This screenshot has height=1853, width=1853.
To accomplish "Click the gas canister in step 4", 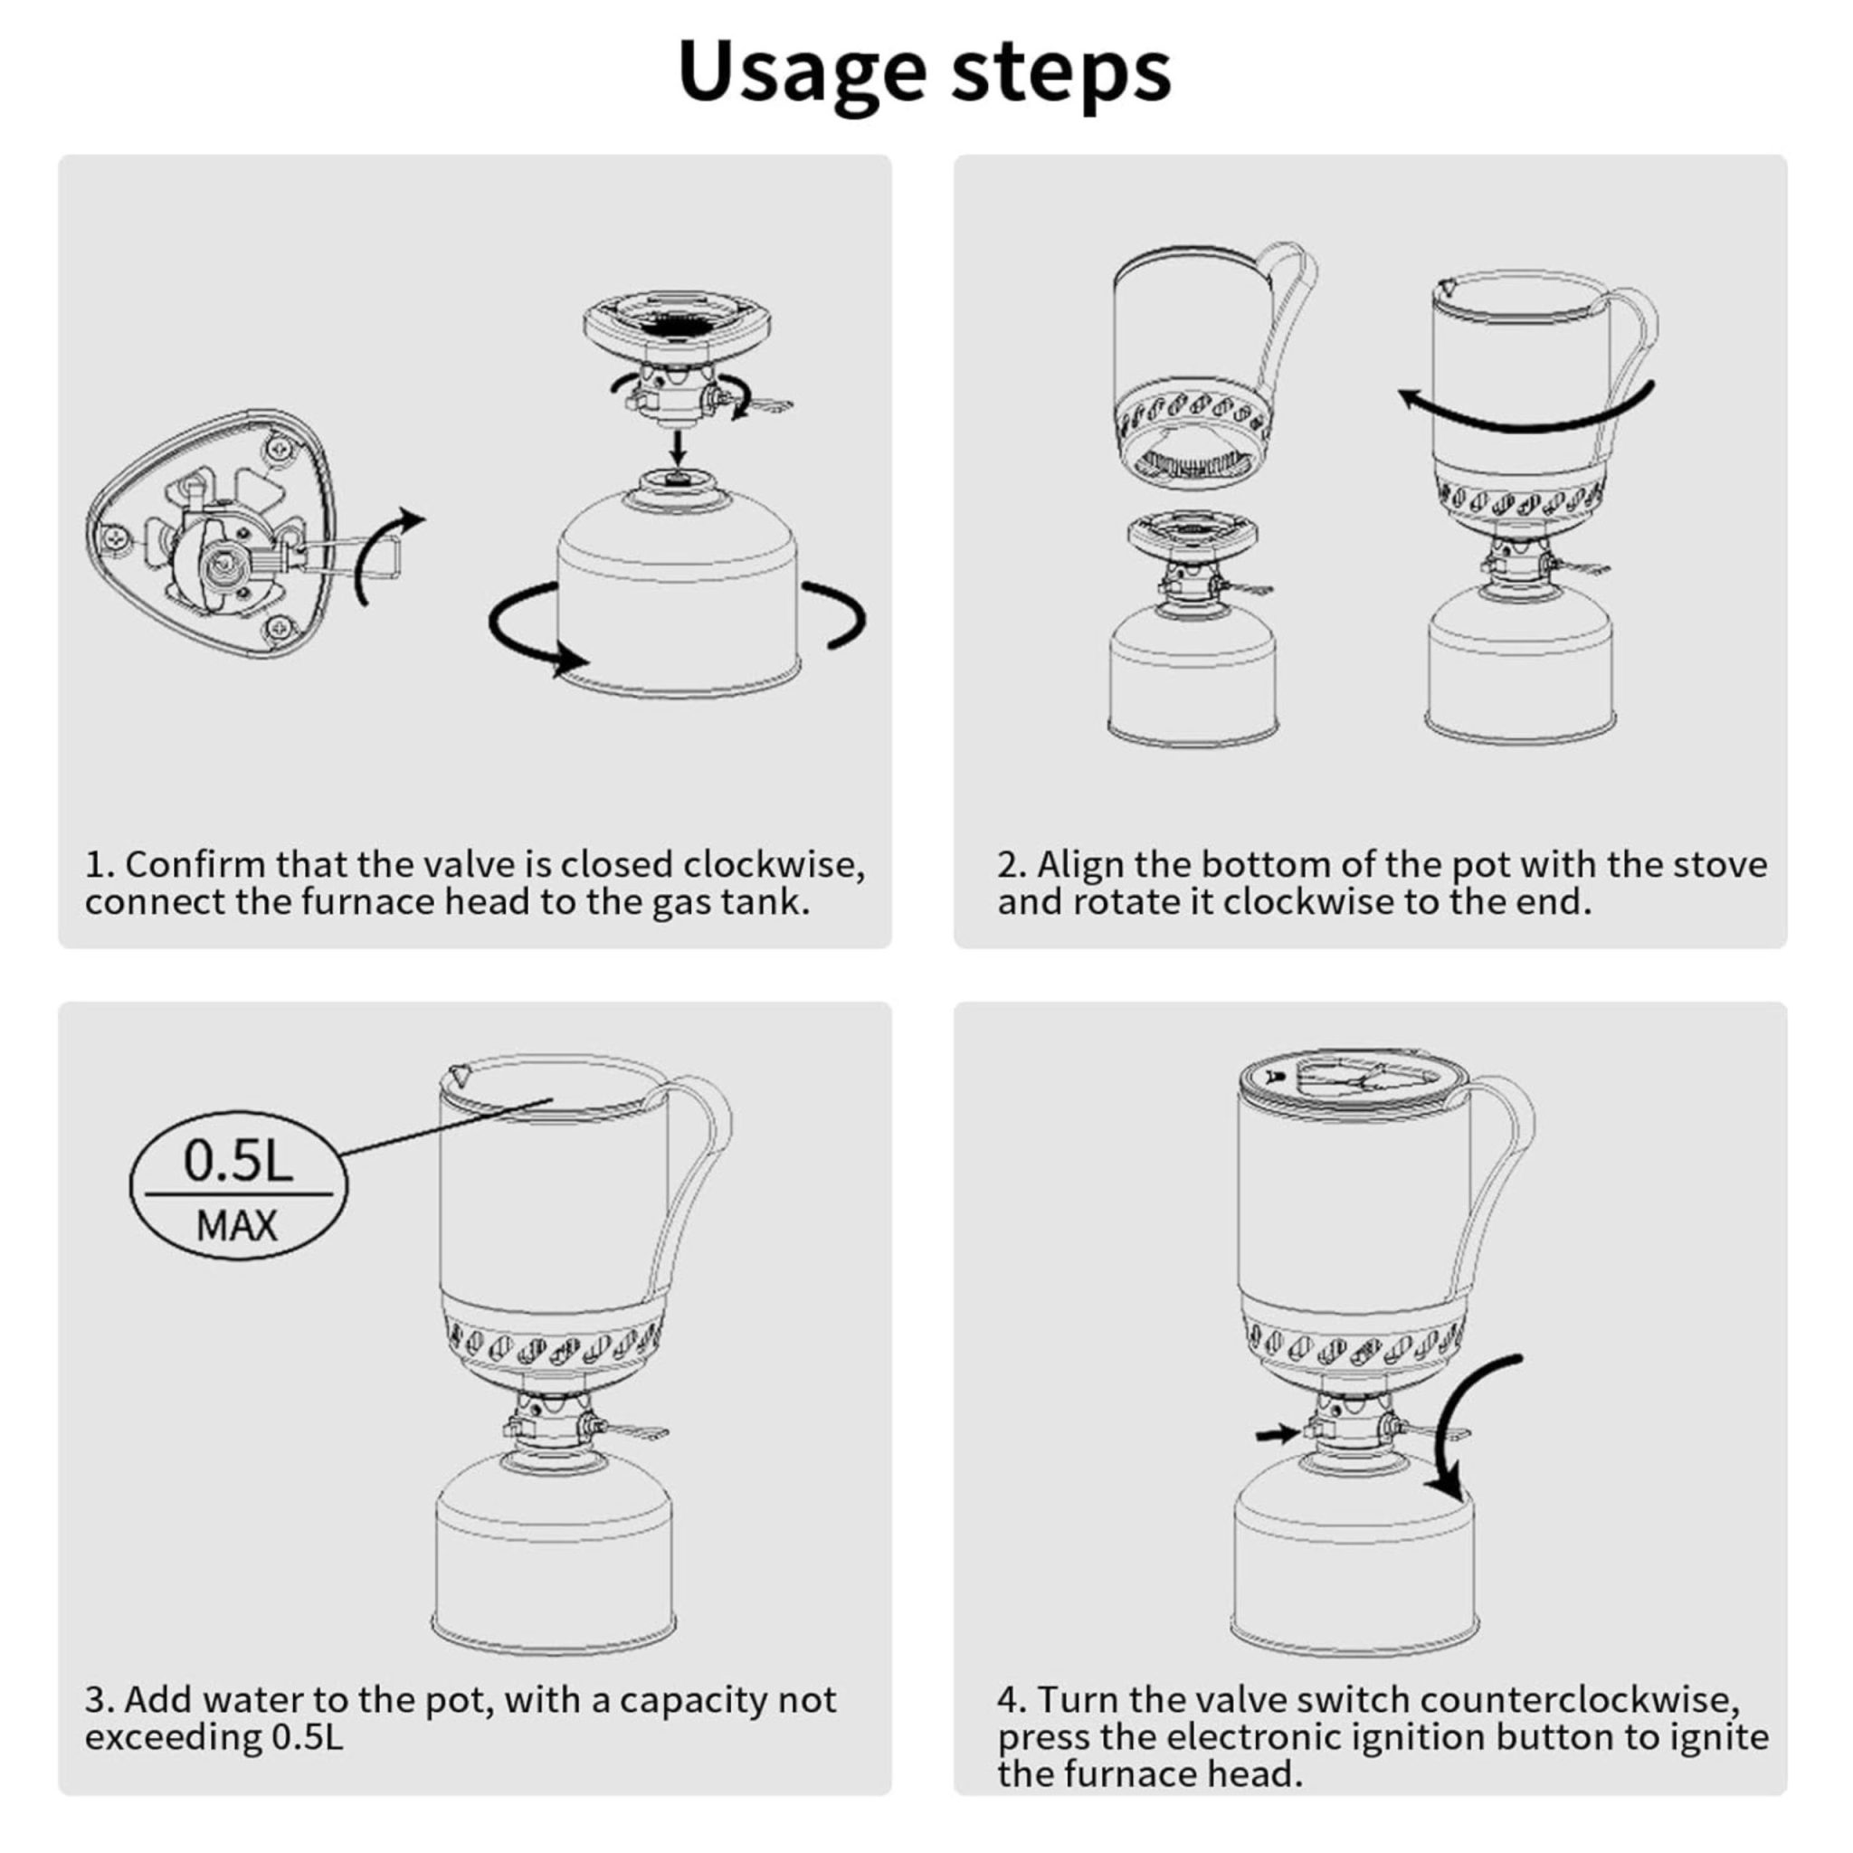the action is click(1354, 1568).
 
